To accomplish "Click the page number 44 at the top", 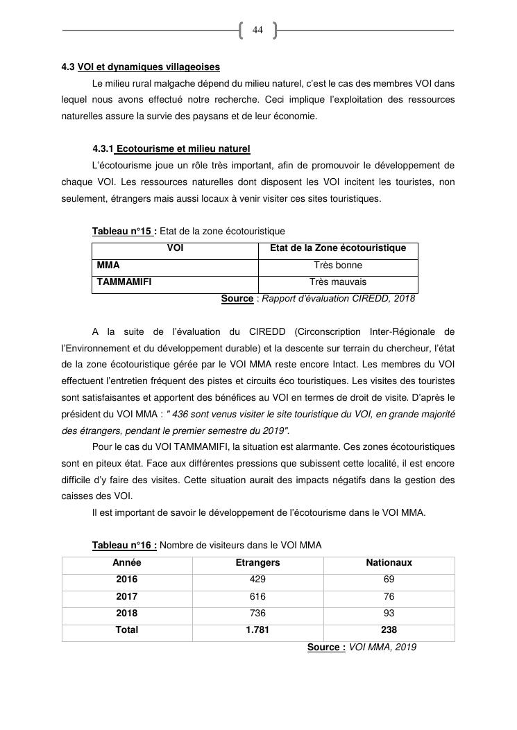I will point(257,30).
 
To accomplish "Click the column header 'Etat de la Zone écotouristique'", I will point(338,248).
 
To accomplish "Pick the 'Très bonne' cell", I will point(338,265).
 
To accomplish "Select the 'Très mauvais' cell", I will point(338,282).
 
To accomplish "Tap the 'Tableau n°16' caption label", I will point(124,546).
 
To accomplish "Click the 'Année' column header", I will point(127,563).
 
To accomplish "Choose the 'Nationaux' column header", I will point(389,563).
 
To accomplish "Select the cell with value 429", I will point(257,580).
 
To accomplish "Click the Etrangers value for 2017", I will point(257,596).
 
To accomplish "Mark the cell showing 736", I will point(257,614).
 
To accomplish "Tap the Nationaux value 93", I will point(389,614).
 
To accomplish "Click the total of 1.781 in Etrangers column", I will point(257,630).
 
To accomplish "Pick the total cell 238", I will point(389,630).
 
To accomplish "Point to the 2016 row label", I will point(127,580).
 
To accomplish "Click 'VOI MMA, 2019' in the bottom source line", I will point(382,648).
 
